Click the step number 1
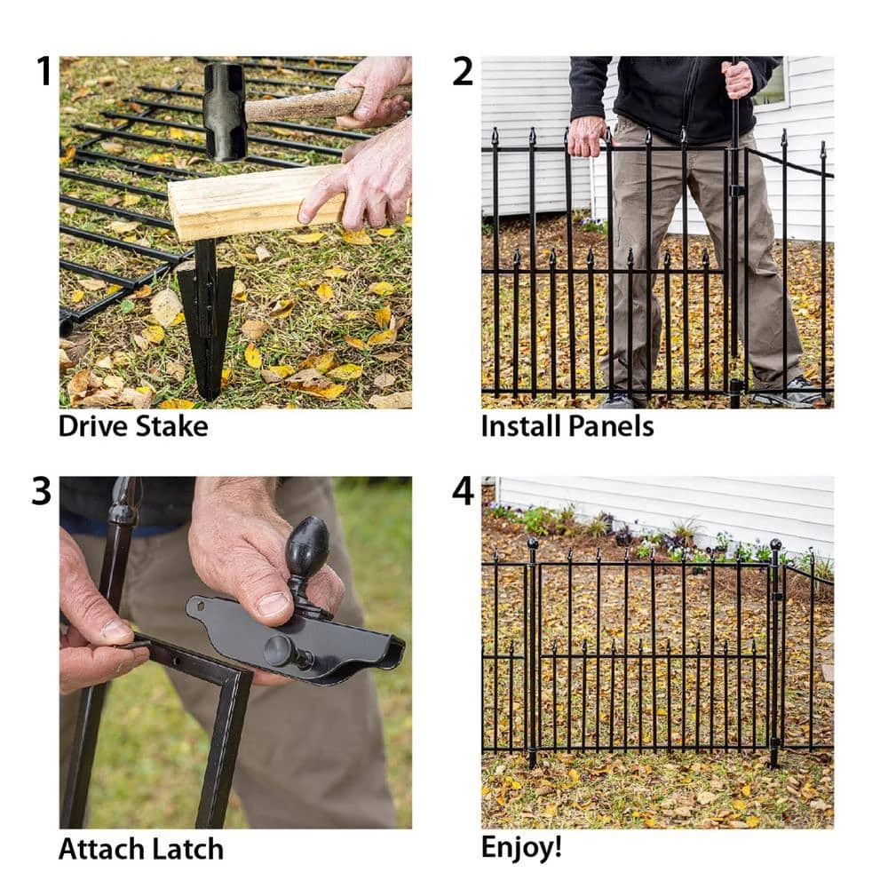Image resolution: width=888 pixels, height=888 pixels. point(44,71)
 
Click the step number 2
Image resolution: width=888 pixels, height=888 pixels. point(463,71)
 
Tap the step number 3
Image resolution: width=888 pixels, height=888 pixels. point(42,491)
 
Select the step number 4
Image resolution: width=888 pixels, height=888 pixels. point(463,491)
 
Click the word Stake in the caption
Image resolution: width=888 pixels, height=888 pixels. point(171,426)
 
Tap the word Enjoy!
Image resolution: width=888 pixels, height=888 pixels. point(521,846)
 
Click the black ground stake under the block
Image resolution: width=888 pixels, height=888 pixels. point(206,311)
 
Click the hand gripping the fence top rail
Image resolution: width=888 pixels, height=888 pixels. point(588,135)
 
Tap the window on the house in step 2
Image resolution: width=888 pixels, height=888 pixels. point(771,84)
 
